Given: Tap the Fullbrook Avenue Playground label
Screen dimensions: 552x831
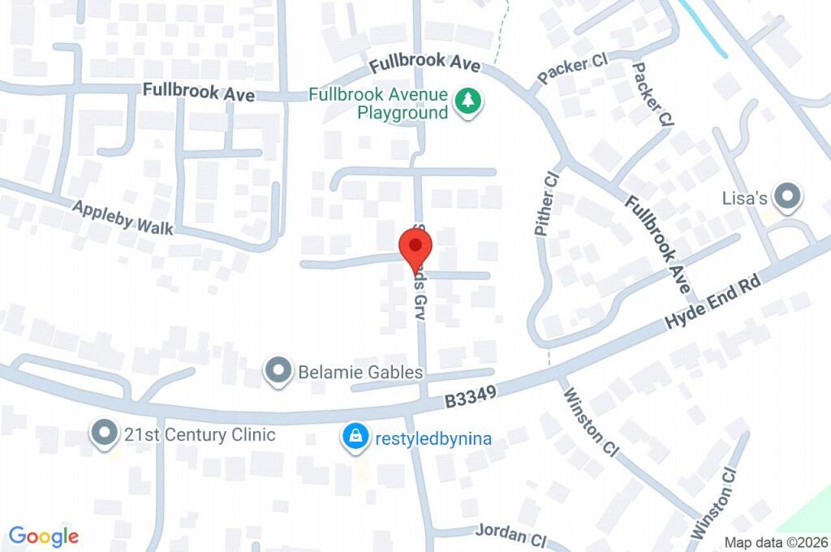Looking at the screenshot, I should point(379,104).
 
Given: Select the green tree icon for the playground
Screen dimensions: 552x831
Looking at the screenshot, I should point(467,102).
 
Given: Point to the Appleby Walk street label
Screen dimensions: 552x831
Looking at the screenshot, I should point(123,218).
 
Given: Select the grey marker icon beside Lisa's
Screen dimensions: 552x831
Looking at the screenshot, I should point(786,196).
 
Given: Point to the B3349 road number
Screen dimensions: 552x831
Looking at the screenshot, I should point(470,395).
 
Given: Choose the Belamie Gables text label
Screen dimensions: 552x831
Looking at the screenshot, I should point(361,373).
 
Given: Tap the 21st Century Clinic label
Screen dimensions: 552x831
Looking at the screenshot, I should point(200,435).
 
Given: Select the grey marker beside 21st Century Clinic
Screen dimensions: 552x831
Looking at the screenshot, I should point(104,433).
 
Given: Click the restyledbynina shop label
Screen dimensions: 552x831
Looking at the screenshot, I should point(433,439).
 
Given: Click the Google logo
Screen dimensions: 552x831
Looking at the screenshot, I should point(44,536).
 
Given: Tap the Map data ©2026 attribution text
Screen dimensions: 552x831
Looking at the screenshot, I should point(776,543).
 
